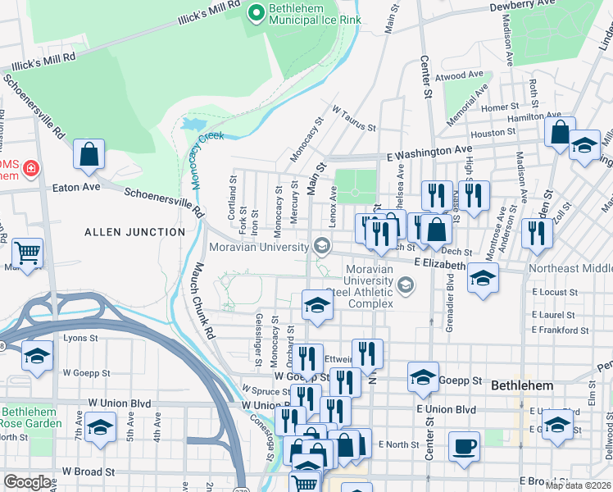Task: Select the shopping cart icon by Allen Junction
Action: tap(27, 253)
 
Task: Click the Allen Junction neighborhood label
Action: tap(134, 232)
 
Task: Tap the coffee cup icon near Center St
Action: tap(465, 446)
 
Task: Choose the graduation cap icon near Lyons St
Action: tap(37, 357)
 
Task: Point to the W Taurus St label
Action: tap(353, 118)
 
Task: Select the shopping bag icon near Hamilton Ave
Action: tap(560, 131)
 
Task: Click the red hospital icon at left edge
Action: tap(31, 168)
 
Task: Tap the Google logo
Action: tap(27, 482)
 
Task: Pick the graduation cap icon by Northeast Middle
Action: tap(483, 277)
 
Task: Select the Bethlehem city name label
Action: tap(522, 385)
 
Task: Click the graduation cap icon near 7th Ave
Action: tap(100, 428)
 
